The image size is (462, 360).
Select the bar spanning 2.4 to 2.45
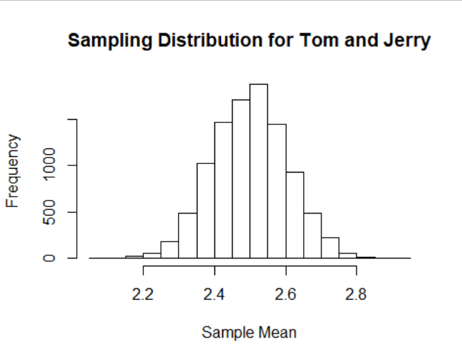(x=224, y=189)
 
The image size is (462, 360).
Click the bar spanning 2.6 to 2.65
(x=295, y=215)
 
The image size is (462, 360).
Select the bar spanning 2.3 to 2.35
(x=188, y=235)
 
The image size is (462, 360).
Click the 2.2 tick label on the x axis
(x=143, y=294)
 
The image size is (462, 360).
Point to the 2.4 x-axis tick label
(x=214, y=294)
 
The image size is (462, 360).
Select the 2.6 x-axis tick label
(x=285, y=294)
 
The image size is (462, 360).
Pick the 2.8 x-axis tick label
(x=356, y=294)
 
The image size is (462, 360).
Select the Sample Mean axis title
(x=249, y=333)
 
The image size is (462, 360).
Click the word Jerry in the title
(x=405, y=41)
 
